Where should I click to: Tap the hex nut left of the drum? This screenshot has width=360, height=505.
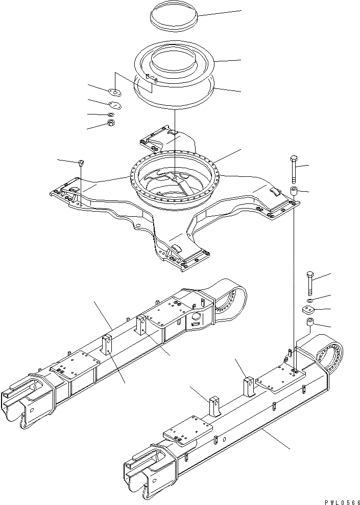pos(111,124)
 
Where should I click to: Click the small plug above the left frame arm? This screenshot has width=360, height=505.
pos(81,163)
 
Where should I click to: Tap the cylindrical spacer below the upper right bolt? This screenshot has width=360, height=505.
pos(294,193)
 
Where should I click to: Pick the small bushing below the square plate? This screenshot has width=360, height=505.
pos(310,324)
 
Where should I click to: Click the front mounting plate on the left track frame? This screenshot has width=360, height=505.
pos(75,366)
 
